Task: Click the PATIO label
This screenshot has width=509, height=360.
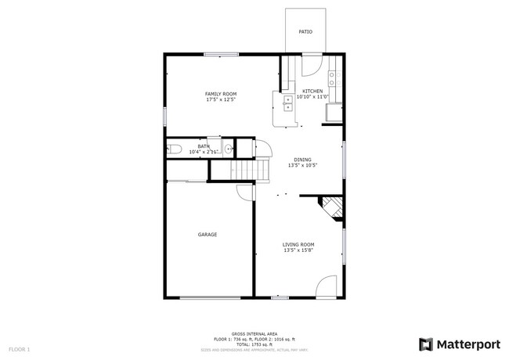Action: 305,32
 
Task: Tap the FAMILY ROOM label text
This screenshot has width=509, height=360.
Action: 221,94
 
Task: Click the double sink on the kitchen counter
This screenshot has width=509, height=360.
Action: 280,101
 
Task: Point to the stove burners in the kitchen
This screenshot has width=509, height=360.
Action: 333,77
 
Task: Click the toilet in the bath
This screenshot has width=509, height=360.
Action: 175,149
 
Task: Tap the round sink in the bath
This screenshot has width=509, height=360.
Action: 228,149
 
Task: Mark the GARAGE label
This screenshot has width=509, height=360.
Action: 207,235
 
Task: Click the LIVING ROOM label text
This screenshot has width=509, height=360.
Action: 298,244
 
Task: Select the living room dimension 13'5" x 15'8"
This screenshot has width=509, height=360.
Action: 298,250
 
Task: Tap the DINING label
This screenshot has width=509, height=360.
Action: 301,159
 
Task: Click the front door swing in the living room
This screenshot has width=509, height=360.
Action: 327,287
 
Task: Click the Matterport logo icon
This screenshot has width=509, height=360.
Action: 426,344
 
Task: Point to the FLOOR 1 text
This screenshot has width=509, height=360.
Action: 19,348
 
